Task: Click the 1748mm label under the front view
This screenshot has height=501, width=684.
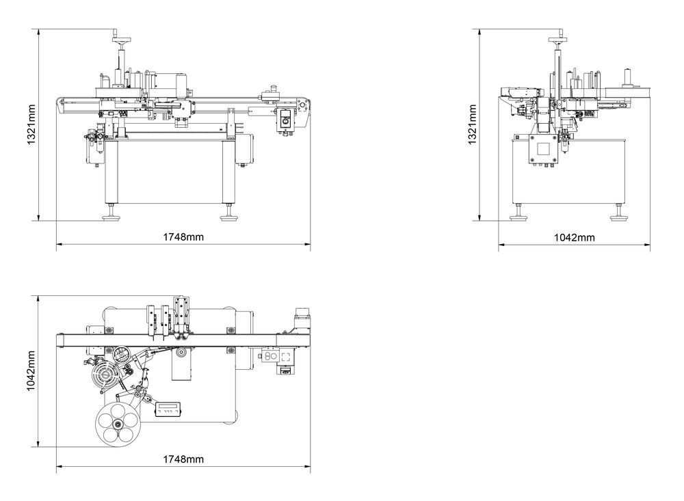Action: click(x=183, y=237)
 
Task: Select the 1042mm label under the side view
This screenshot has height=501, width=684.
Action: click(x=574, y=237)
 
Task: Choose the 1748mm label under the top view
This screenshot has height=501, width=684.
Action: click(x=183, y=459)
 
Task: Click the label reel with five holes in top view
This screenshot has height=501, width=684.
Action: click(x=118, y=424)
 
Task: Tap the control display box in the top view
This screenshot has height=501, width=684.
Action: click(x=171, y=409)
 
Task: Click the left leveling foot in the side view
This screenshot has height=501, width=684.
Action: click(x=520, y=217)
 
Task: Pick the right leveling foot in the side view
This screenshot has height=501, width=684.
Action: click(x=620, y=217)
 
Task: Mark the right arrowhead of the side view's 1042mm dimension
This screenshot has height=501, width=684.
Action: click(x=648, y=244)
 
